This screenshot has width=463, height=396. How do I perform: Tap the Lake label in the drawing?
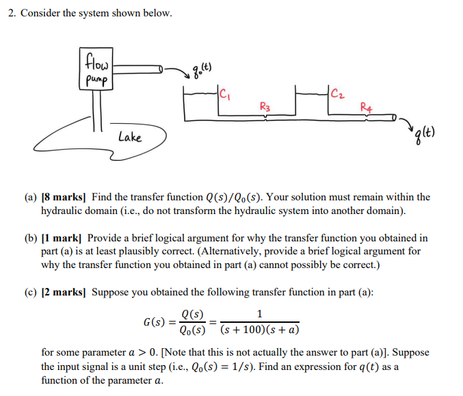[x=129, y=137]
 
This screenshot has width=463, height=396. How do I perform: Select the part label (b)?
[x=31, y=238]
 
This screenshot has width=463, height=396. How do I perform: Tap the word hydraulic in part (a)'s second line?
[x=62, y=211]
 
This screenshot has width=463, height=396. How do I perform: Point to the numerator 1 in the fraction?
[x=258, y=315]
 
